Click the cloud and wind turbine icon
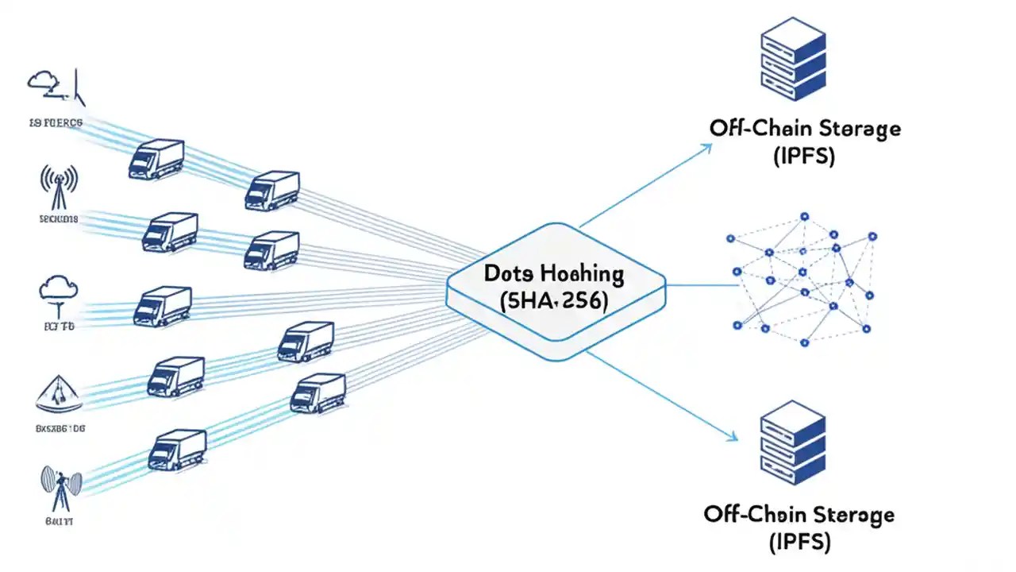pos(56,86)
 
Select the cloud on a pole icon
pos(58,295)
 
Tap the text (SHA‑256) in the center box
pos(554,301)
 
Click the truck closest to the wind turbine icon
pos(156,159)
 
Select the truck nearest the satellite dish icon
pos(177,450)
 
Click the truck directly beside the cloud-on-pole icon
pos(163,306)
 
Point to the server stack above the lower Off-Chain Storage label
pos(793,442)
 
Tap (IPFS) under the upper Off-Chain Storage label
pos(803,156)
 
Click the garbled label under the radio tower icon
pos(57,219)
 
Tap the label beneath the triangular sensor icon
pos(60,427)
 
